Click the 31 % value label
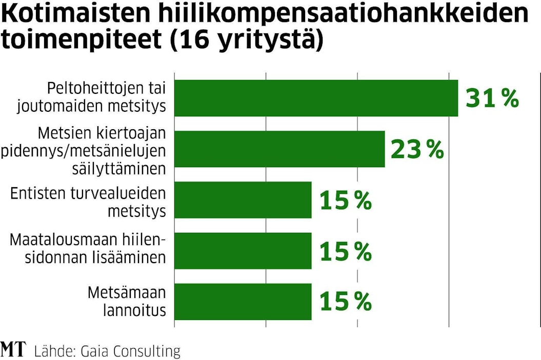[x=492, y=98]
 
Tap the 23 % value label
[x=417, y=149]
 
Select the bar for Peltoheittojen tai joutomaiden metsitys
[x=316, y=98]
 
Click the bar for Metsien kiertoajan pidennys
[x=279, y=149]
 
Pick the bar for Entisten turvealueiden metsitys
[x=243, y=200]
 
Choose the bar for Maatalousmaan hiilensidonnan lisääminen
[x=243, y=251]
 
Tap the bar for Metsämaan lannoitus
[x=243, y=302]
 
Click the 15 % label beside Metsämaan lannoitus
[x=345, y=302]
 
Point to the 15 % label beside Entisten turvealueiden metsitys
[x=345, y=201]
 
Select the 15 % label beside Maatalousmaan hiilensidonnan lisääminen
[x=345, y=251]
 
